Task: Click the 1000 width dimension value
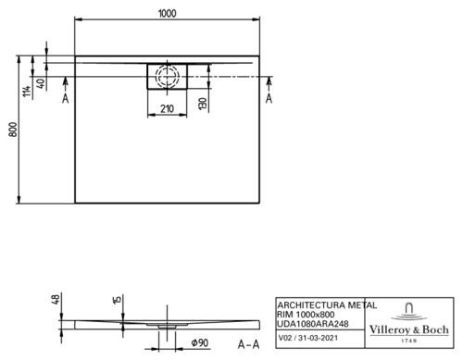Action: point(168,14)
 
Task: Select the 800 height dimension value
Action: point(13,130)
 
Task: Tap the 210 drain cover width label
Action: point(167,109)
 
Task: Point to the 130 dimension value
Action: point(203,105)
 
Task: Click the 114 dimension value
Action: point(27,92)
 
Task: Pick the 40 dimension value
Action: point(41,83)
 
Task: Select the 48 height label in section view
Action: point(56,300)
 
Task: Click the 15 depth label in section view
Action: point(118,300)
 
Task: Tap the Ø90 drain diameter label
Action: point(200,342)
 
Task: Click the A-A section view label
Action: point(248,344)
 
